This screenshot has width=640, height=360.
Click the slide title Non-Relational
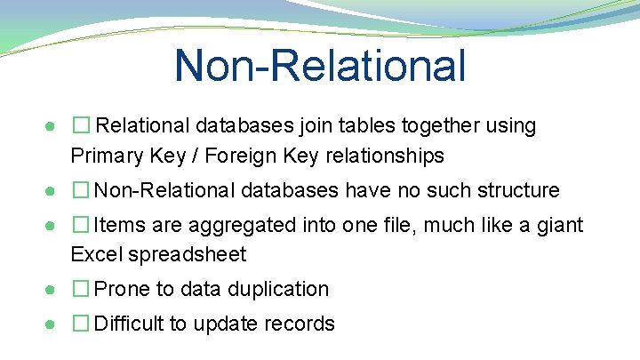coord(320,65)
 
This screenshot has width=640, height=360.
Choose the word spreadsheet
coord(188,255)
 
